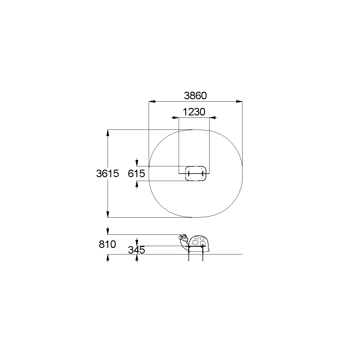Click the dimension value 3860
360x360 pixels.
pos(195,95)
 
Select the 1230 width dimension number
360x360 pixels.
pos(194,112)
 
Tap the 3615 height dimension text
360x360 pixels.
pos(107,173)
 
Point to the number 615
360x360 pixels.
pos(136,173)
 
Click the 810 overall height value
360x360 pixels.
pos(107,244)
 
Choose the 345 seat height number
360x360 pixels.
pos(136,250)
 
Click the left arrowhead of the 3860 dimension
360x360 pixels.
pos(152,101)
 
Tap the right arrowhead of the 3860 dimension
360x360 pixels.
pos(239,101)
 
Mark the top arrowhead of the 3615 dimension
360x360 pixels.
pos(108,133)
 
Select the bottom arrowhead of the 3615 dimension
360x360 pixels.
pos(108,214)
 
